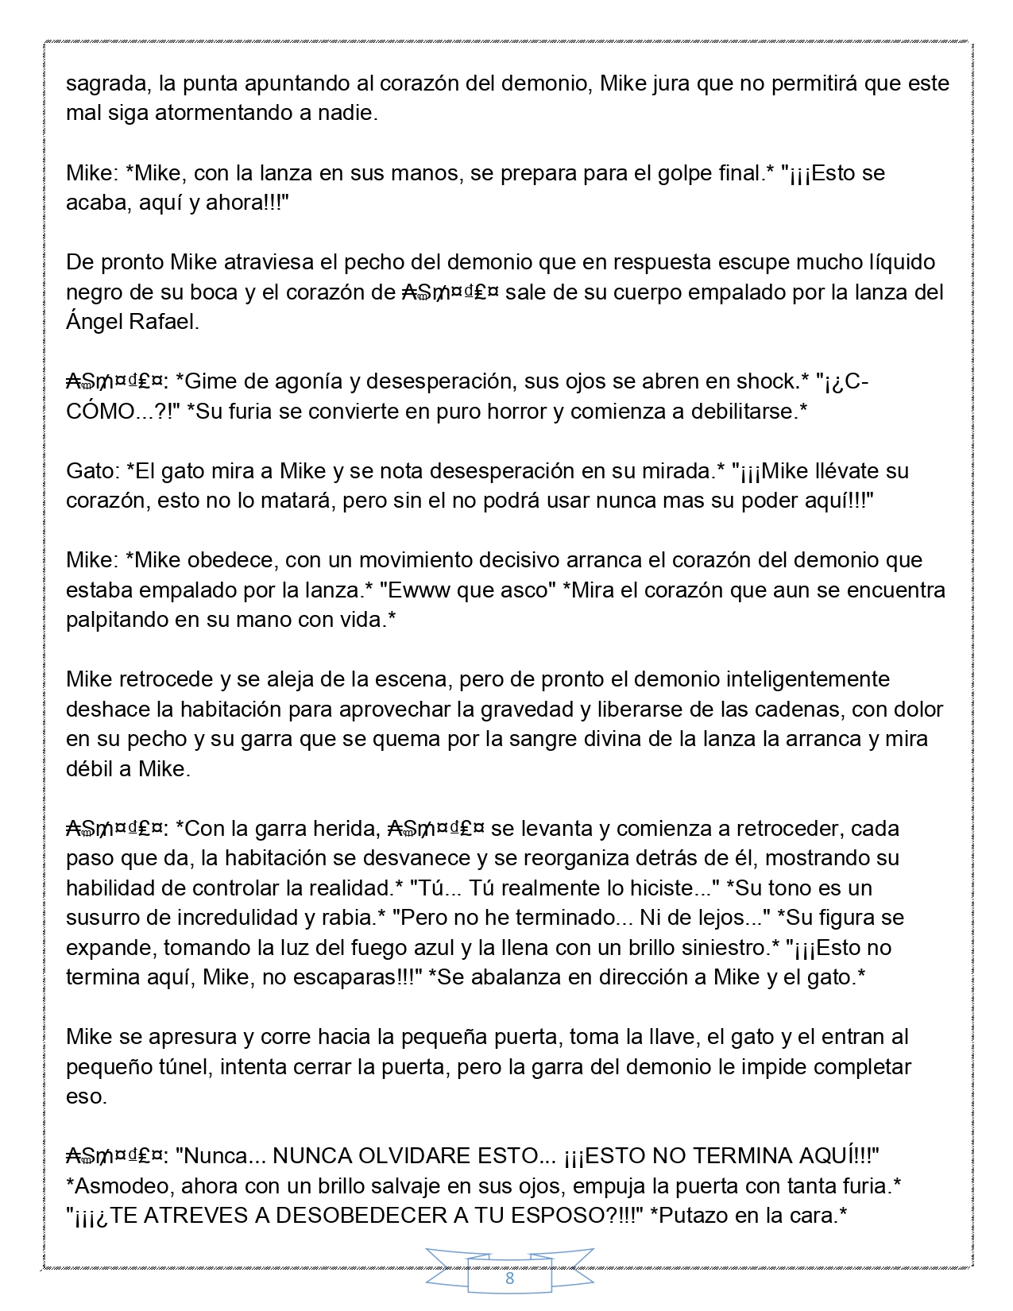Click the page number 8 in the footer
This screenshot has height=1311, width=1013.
click(509, 1278)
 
